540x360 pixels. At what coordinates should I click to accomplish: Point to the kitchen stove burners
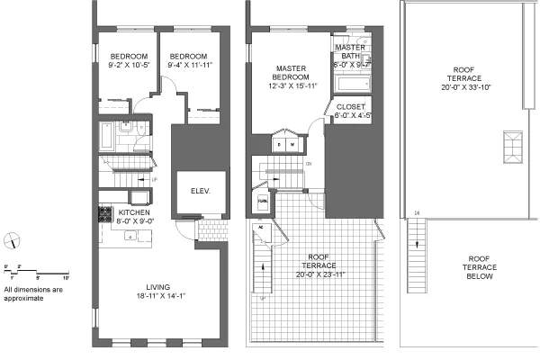(x=103, y=214)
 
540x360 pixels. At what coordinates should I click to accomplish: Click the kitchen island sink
(x=130, y=237)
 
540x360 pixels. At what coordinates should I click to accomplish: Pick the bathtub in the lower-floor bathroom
(x=107, y=138)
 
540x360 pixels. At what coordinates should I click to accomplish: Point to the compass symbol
(x=12, y=238)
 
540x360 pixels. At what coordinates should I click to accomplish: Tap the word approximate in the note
(x=24, y=298)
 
